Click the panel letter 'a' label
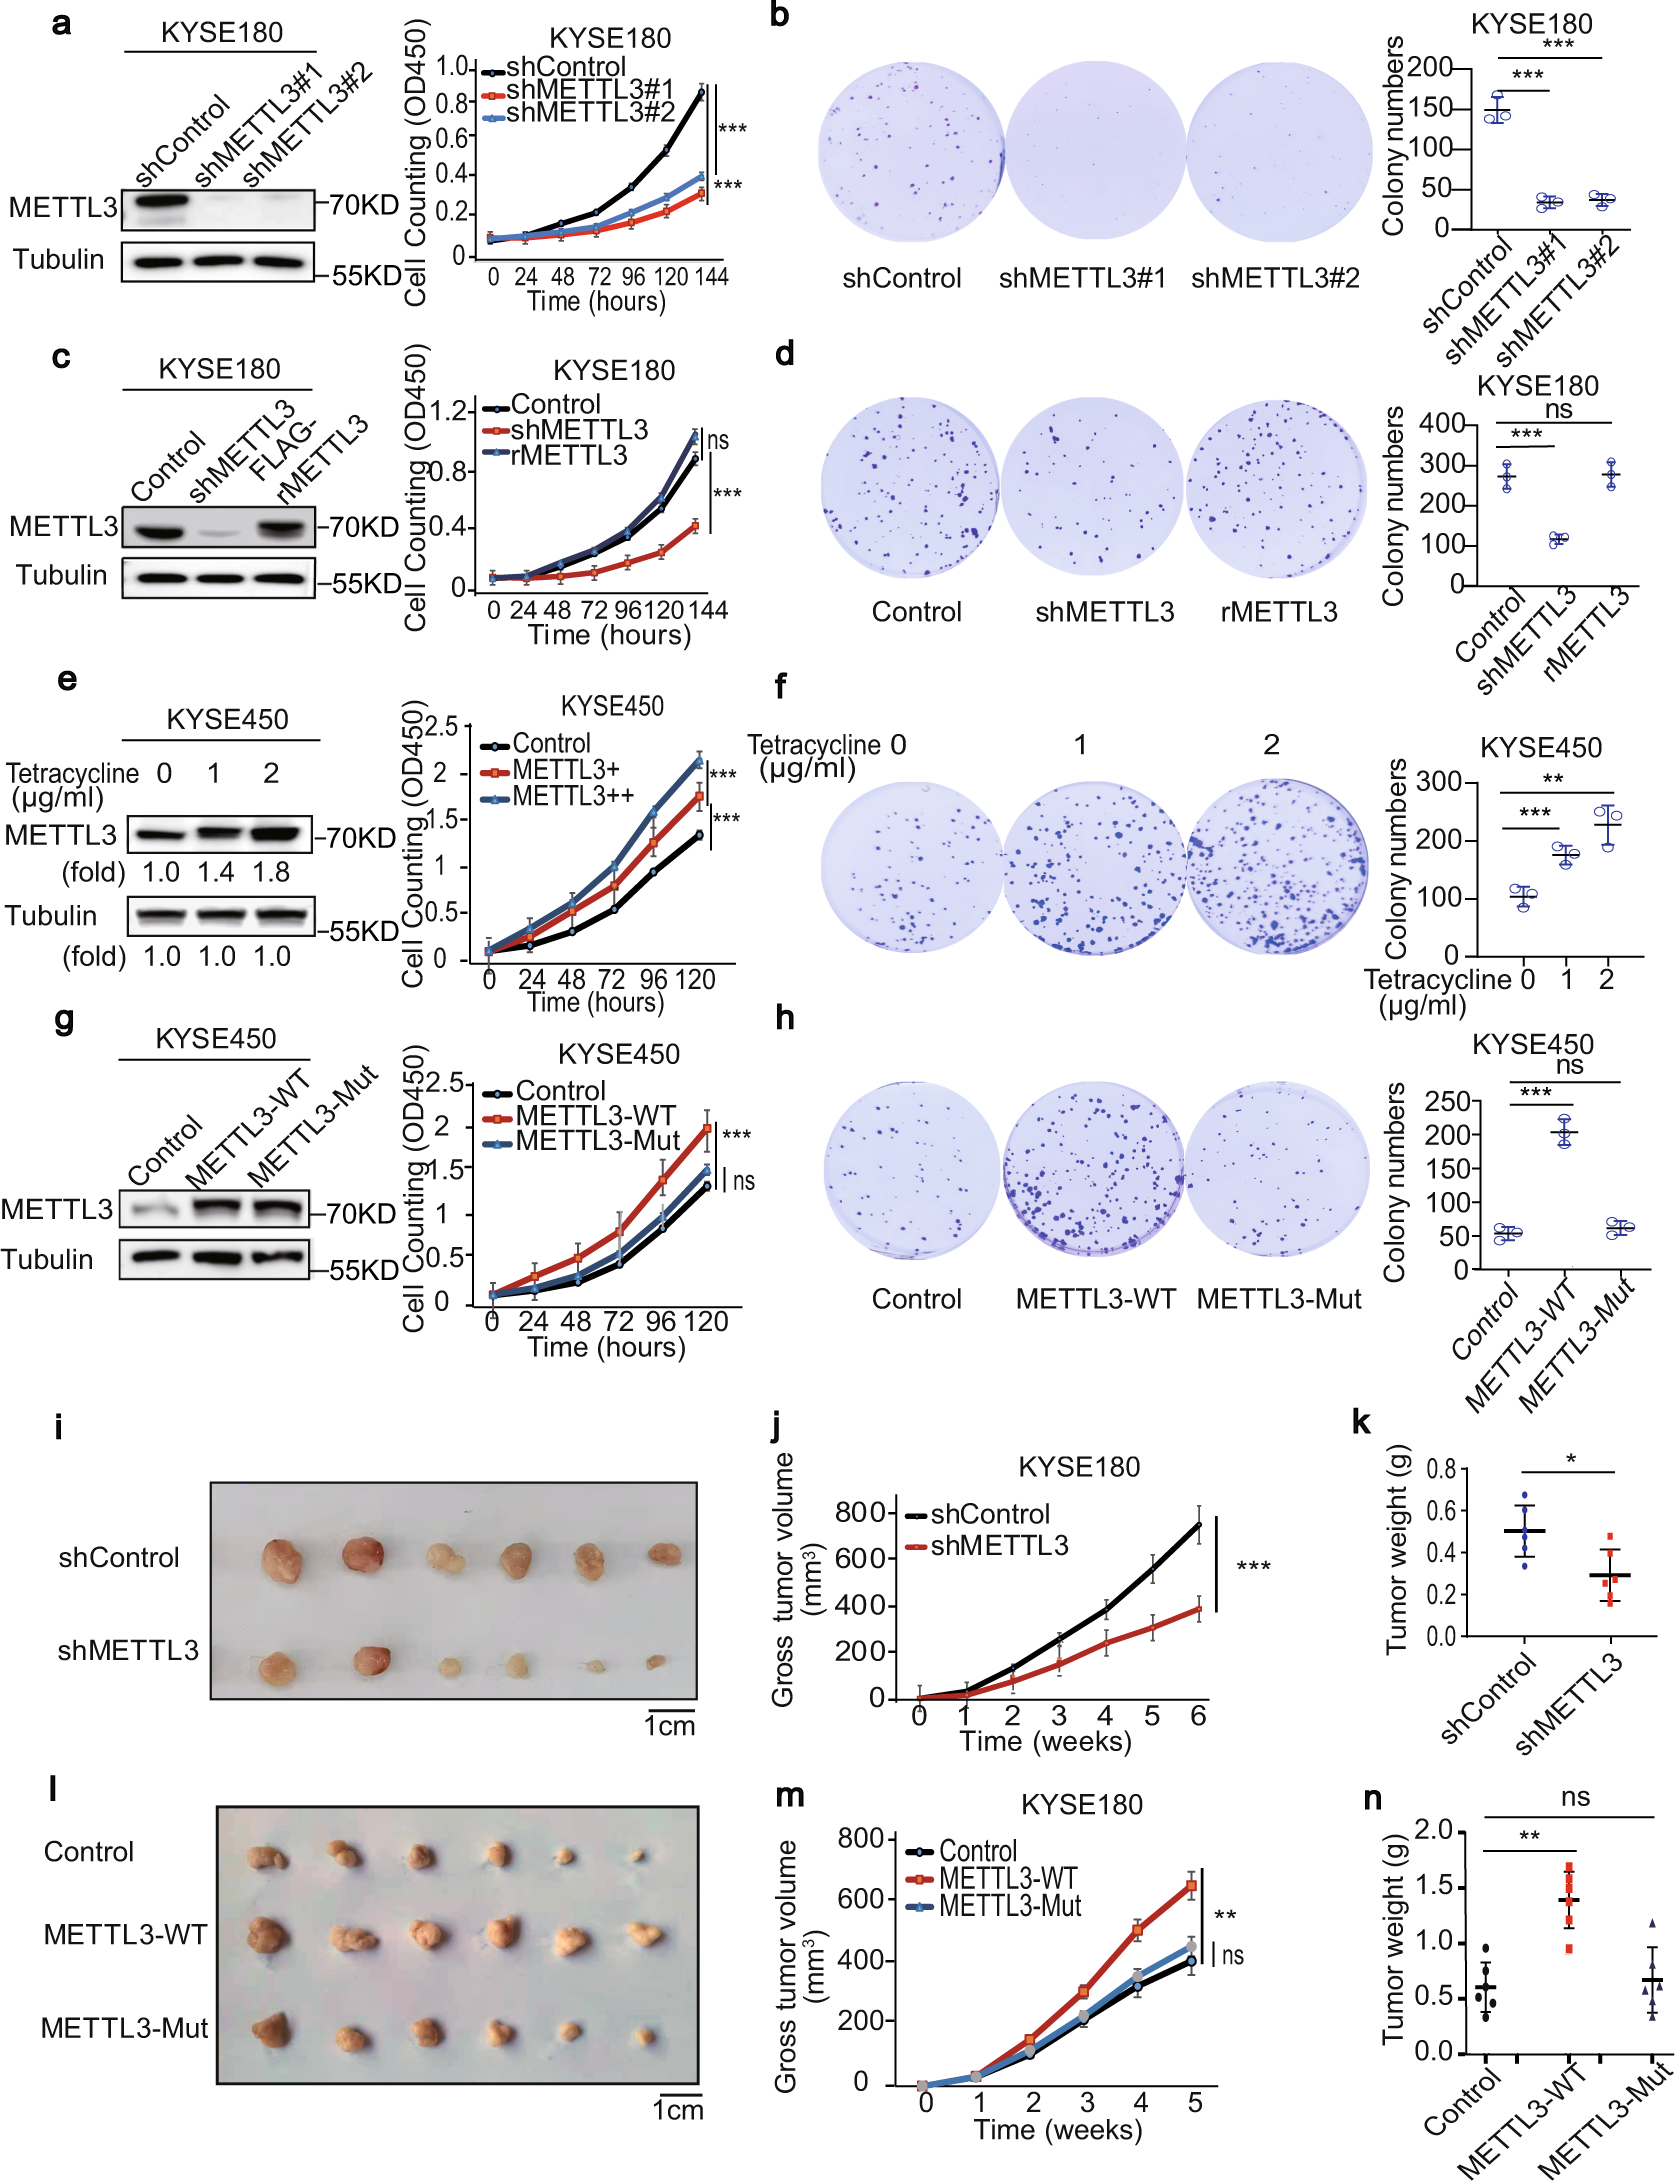pyautogui.click(x=61, y=23)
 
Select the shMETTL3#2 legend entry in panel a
pyautogui.click(x=589, y=113)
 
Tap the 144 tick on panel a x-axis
pyautogui.click(x=711, y=277)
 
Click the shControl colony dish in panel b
pyautogui.click(x=910, y=152)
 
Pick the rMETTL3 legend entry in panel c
pyautogui.click(x=568, y=456)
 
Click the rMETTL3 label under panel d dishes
pyautogui.click(x=1278, y=612)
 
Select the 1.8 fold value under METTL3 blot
pyautogui.click(x=271, y=872)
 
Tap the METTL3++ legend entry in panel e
pyautogui.click(x=572, y=797)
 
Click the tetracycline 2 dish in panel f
pyautogui.click(x=1277, y=866)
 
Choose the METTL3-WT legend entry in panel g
pyautogui.click(x=595, y=1116)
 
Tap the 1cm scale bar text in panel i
pyautogui.click(x=669, y=1726)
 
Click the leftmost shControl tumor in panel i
pyautogui.click(x=282, y=1561)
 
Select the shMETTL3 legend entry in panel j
pyautogui.click(x=998, y=1546)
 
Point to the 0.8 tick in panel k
pyautogui.click(x=1441, y=1469)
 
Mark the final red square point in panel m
pyautogui.click(x=1191, y=1886)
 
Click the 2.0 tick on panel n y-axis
pyautogui.click(x=1433, y=1831)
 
